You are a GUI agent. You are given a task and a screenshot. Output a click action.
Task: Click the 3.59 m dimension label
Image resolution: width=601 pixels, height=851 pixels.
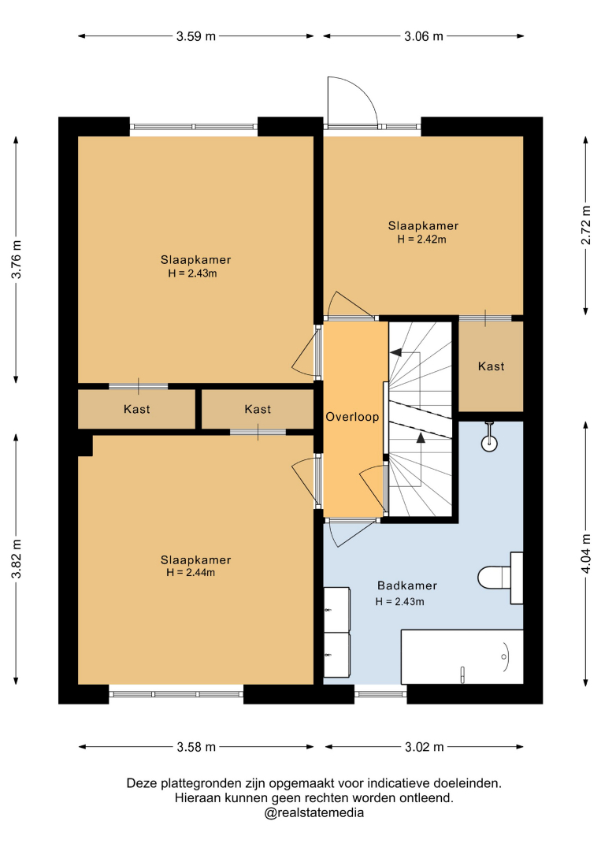pyautogui.click(x=196, y=36)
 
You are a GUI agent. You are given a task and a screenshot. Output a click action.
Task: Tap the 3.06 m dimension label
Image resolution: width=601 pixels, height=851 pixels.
pyautogui.click(x=424, y=36)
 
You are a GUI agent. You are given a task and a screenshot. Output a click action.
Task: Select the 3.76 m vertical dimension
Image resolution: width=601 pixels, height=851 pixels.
pyautogui.click(x=17, y=259)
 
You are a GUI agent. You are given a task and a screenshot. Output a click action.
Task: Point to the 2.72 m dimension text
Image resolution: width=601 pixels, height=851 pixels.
pyautogui.click(x=586, y=225)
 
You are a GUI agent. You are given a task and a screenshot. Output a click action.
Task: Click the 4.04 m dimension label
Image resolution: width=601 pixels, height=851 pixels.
pyautogui.click(x=586, y=553)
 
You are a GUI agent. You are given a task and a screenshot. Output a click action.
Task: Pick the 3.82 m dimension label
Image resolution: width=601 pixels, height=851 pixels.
pyautogui.click(x=17, y=559)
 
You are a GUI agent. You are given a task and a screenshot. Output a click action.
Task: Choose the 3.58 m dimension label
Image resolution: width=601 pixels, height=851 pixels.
pyautogui.click(x=196, y=747)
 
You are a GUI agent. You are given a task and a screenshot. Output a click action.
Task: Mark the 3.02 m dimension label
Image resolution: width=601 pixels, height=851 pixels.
pyautogui.click(x=425, y=747)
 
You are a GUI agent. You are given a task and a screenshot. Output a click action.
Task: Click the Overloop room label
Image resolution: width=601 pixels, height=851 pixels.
pyautogui.click(x=352, y=417)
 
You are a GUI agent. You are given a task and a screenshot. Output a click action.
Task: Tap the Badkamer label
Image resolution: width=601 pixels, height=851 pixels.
pyautogui.click(x=407, y=585)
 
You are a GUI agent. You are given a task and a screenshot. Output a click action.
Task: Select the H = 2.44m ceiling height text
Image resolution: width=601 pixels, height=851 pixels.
pyautogui.click(x=191, y=573)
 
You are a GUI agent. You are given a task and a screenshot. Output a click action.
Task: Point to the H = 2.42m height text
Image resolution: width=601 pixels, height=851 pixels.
pyautogui.click(x=422, y=240)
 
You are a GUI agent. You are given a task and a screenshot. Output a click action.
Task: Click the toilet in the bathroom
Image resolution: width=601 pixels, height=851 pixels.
pyautogui.click(x=500, y=578)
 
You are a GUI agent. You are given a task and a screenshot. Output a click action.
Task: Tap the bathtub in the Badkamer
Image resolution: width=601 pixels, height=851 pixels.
pyautogui.click(x=462, y=656)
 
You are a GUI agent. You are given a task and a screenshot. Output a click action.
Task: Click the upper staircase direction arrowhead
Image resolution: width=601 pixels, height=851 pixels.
pyautogui.click(x=396, y=351)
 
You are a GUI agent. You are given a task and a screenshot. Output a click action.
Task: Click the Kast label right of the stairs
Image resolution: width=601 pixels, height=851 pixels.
pyautogui.click(x=491, y=366)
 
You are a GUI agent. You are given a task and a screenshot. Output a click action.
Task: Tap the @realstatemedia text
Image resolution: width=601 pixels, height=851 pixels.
pyautogui.click(x=313, y=813)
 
